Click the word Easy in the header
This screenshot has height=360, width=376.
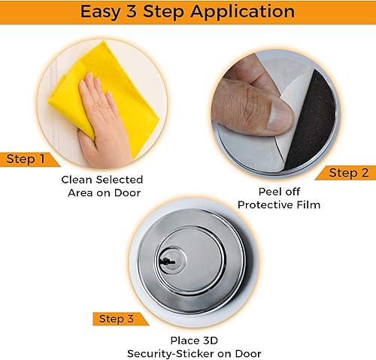(100, 12)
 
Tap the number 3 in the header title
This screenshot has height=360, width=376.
(132, 11)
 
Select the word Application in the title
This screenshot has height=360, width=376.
(242, 12)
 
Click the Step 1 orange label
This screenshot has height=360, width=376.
(29, 159)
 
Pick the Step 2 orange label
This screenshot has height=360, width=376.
(345, 173)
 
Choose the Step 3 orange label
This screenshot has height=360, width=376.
(121, 319)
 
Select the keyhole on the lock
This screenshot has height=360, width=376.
(166, 262)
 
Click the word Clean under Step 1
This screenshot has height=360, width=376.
(77, 180)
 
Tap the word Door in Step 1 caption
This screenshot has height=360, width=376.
(128, 193)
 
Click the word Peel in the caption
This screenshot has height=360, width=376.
(269, 192)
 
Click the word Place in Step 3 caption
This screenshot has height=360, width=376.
(184, 340)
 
